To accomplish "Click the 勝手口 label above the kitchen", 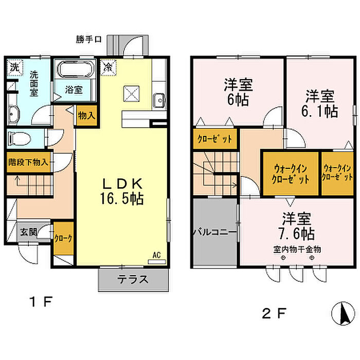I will coord(88,38).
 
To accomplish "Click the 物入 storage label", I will coord(86,115).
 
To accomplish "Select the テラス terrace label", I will coord(133,280).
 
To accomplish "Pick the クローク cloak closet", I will coord(64,238).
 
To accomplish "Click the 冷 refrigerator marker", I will coord(109,67).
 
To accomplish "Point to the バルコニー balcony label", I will coord(214,232).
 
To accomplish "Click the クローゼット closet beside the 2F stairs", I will coord(215,138).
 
